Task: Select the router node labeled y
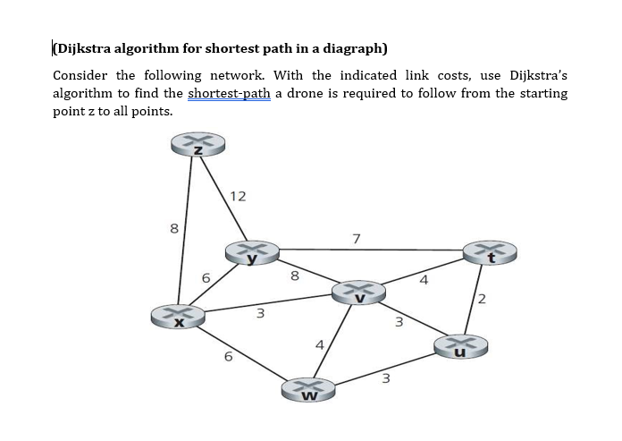(x=253, y=253)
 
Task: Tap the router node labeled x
(x=178, y=317)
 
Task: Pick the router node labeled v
(x=358, y=293)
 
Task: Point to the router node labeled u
(x=460, y=346)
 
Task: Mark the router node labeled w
(x=309, y=390)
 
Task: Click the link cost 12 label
(x=238, y=196)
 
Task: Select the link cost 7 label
(x=357, y=238)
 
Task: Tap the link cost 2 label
(x=483, y=298)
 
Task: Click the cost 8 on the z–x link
(x=173, y=229)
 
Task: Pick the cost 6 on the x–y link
(x=206, y=279)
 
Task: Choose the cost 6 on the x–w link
(x=228, y=357)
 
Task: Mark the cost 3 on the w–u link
(x=385, y=378)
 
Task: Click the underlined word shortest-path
(x=229, y=94)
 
